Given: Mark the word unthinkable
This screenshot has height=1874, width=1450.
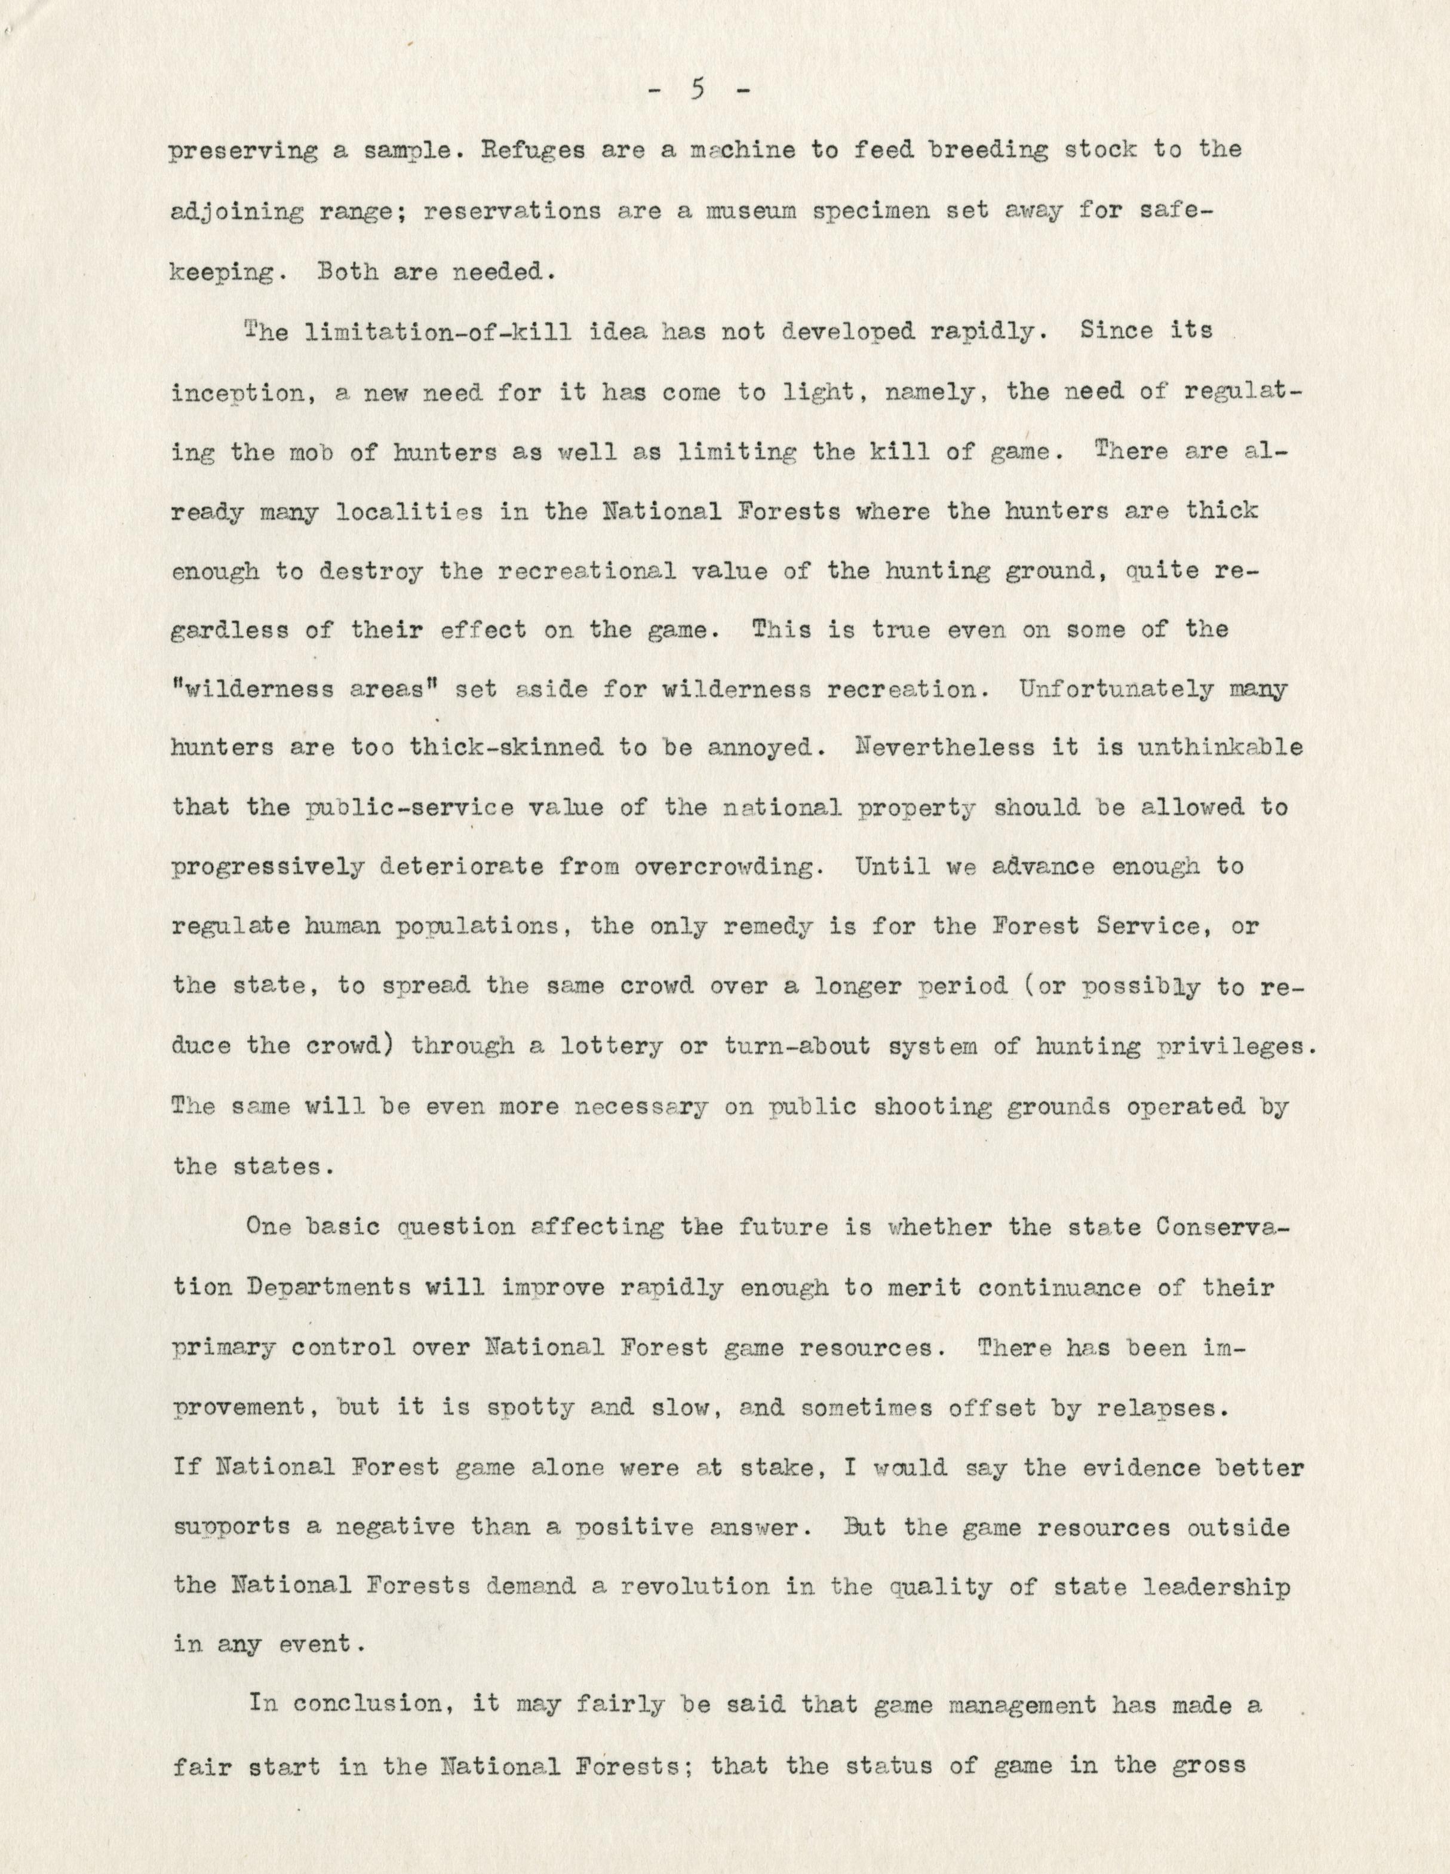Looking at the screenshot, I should (x=1218, y=749).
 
